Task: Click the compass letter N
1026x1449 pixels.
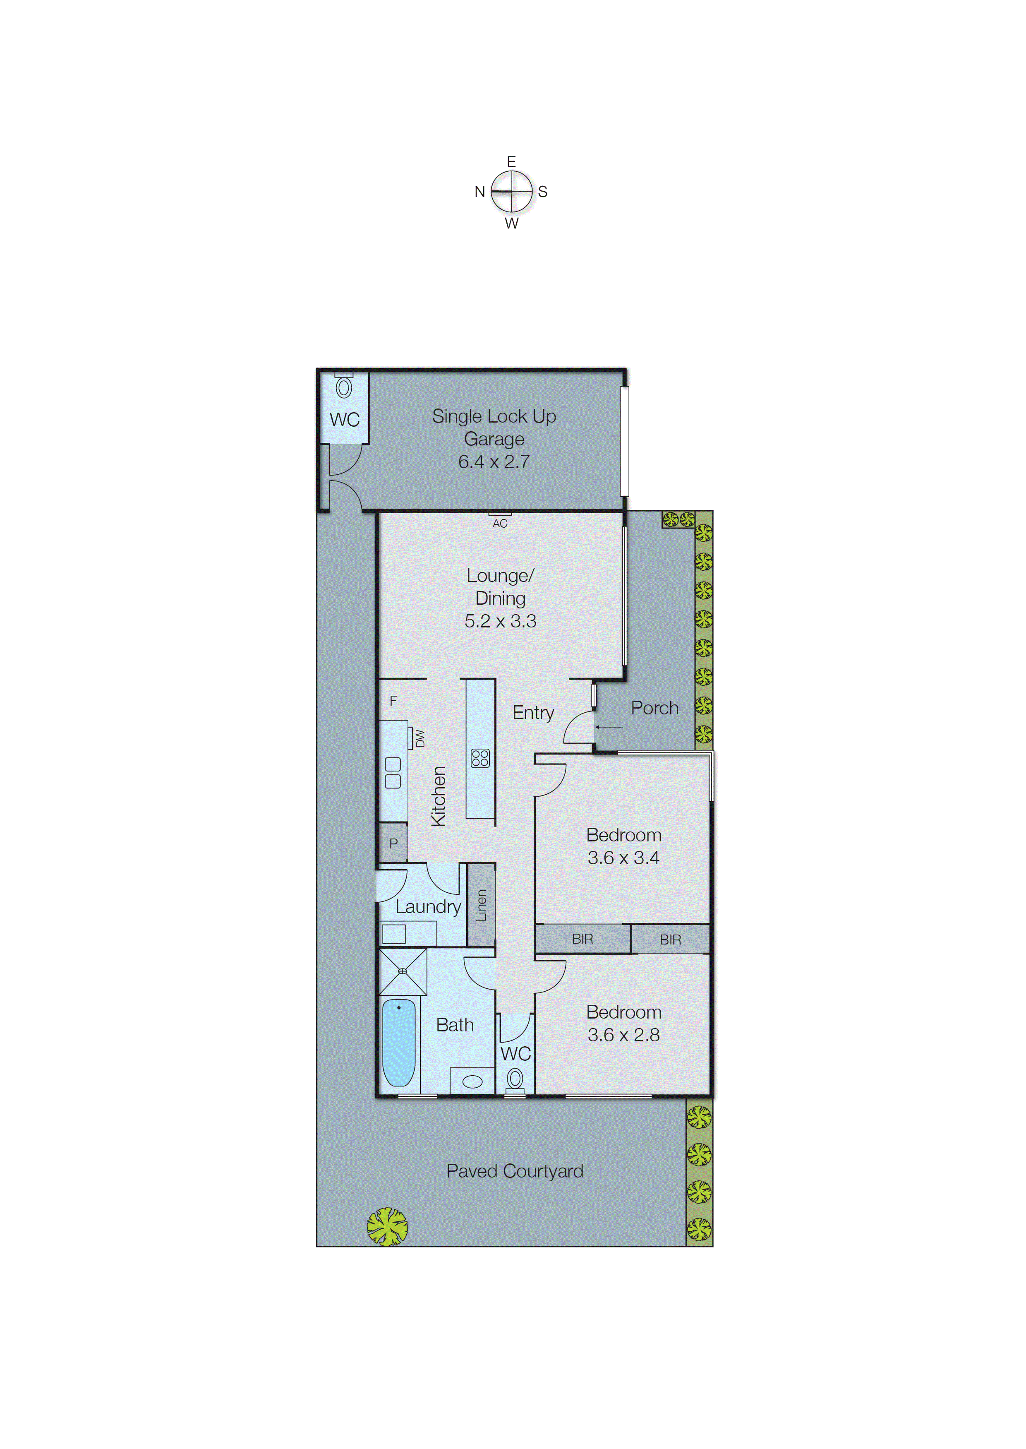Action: coord(479,192)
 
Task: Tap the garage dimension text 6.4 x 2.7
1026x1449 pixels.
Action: coord(494,462)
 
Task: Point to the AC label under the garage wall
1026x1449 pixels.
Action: coord(500,523)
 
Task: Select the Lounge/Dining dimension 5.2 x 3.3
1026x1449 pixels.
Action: coord(500,621)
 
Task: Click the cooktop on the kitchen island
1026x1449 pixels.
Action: coord(480,758)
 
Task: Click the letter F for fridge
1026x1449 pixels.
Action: coord(393,701)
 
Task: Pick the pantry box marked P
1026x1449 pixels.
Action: coord(393,843)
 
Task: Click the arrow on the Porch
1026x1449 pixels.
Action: coord(609,727)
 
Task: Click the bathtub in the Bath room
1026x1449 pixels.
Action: coord(399,1042)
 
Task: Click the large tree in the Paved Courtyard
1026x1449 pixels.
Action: coord(387,1227)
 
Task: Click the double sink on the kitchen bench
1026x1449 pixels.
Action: coord(392,773)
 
